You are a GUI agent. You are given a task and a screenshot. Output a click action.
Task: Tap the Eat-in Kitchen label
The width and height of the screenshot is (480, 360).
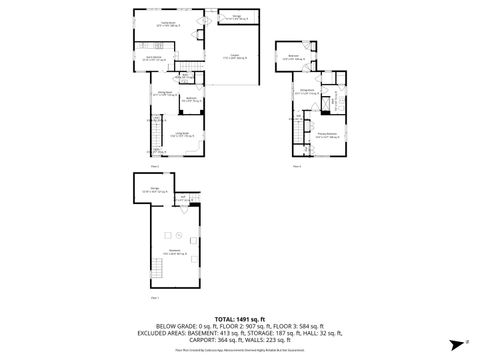point(154,59)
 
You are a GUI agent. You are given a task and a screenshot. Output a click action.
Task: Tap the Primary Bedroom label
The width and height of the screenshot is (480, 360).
point(327,133)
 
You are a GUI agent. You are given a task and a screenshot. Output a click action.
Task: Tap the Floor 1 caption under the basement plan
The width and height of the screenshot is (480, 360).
point(154,298)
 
